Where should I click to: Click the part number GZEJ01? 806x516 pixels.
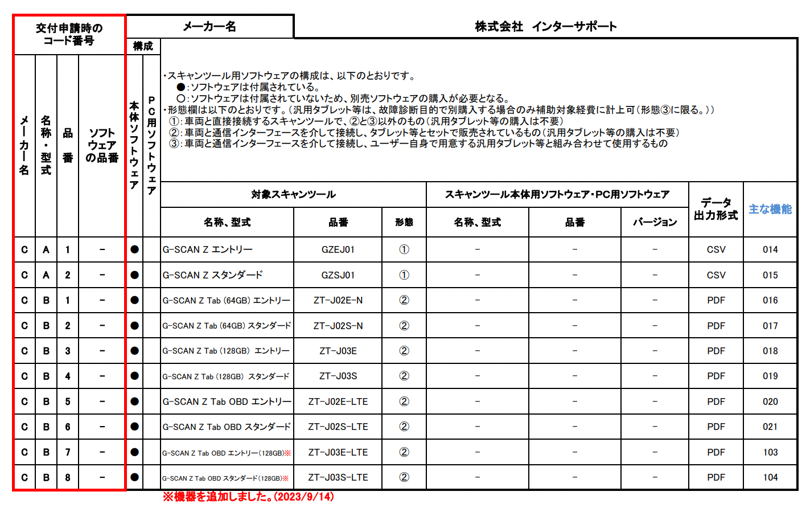(x=338, y=249)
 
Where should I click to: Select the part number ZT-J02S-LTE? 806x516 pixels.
(x=338, y=427)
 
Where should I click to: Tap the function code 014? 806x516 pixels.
(x=770, y=249)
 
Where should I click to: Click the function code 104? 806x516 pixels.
(x=770, y=477)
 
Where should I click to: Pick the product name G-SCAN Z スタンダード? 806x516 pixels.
(x=212, y=275)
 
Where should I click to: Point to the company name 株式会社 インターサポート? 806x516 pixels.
(x=545, y=26)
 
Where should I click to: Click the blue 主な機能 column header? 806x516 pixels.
(x=770, y=209)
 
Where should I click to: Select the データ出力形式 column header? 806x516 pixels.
(x=715, y=209)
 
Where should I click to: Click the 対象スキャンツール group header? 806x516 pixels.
(x=293, y=195)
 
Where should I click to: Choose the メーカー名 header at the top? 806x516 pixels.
(x=209, y=26)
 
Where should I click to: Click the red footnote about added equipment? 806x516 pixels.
(x=248, y=497)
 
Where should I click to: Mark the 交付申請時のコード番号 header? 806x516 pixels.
(x=69, y=34)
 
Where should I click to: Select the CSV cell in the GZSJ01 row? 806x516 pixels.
(x=715, y=275)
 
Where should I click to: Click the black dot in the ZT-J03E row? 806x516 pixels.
(x=134, y=351)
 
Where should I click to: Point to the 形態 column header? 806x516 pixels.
(x=404, y=222)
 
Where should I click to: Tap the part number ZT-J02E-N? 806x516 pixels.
(x=338, y=300)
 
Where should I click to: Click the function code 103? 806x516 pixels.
(x=770, y=452)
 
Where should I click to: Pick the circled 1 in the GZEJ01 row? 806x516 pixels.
(x=404, y=249)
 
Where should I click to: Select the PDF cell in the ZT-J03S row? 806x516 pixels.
(x=715, y=376)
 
